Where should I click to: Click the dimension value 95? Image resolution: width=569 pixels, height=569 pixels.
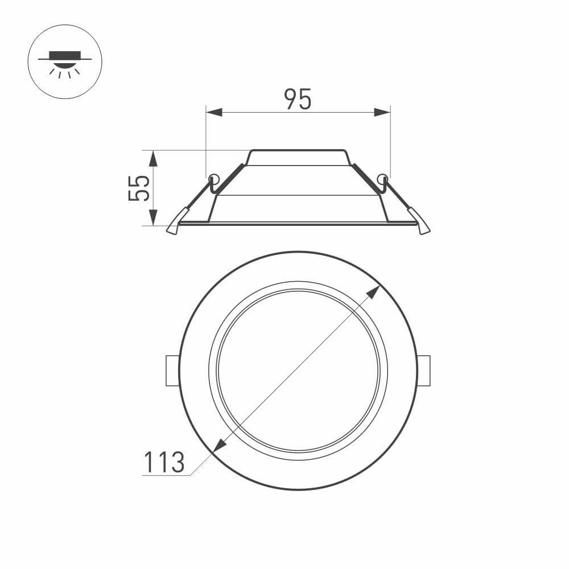pos(298,100)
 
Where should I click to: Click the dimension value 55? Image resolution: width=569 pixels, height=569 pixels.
pos(139,188)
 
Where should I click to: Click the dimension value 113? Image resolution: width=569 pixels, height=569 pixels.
pos(163,462)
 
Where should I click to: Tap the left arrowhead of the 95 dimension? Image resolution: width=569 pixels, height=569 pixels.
pos(213,113)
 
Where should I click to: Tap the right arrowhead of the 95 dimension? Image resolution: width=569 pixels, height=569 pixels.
pos(382,113)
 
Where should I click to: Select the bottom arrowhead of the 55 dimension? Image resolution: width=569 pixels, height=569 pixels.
pos(153,217)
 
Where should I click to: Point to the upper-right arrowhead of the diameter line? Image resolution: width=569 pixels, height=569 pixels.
pos(373,292)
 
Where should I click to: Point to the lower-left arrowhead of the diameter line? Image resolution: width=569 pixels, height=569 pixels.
pos(217,446)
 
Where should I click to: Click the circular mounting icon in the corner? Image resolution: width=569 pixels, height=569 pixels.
pos(65,61)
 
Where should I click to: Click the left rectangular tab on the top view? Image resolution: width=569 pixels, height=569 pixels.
pos(172,371)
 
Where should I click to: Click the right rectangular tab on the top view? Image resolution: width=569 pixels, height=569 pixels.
pos(424,371)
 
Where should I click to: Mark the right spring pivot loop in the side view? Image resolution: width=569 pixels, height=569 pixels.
pos(382,178)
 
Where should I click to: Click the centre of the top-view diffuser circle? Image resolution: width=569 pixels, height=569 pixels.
pos(298,371)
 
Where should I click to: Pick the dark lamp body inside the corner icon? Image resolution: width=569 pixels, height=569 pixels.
pos(65,55)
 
